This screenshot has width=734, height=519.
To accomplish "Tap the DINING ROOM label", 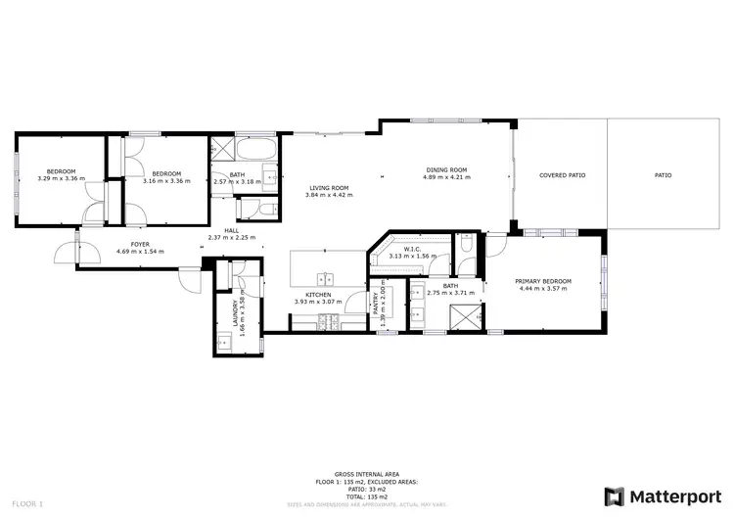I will coord(445,170).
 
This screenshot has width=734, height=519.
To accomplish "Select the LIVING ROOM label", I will coord(329,188).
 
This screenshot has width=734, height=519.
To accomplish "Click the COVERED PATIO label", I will coord(562,175).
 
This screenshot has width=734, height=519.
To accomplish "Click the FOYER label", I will coord(140,244).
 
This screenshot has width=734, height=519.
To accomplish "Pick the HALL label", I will coord(231,230).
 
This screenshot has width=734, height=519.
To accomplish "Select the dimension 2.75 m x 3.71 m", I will coord(451,293).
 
